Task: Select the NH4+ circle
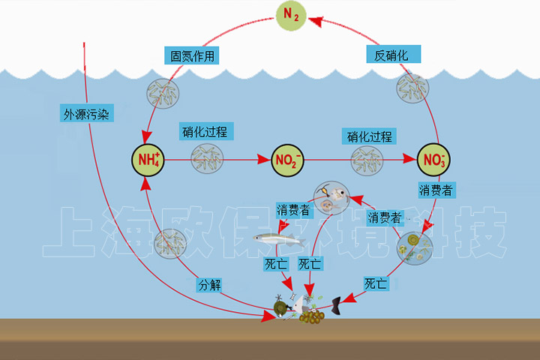pyautogui.click(x=148, y=160)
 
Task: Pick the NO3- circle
pyautogui.click(x=433, y=160)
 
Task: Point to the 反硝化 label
pyautogui.click(x=392, y=55)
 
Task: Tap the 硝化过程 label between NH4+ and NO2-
pyautogui.click(x=204, y=132)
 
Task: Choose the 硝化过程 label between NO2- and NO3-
pyautogui.click(x=370, y=136)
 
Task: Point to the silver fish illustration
pyautogui.click(x=280, y=239)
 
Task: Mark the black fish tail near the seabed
pyautogui.click(x=337, y=304)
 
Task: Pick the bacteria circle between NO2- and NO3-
pyautogui.click(x=367, y=159)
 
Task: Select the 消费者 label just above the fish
pyautogui.click(x=294, y=209)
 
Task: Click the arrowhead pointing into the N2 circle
pyautogui.click(x=316, y=22)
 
